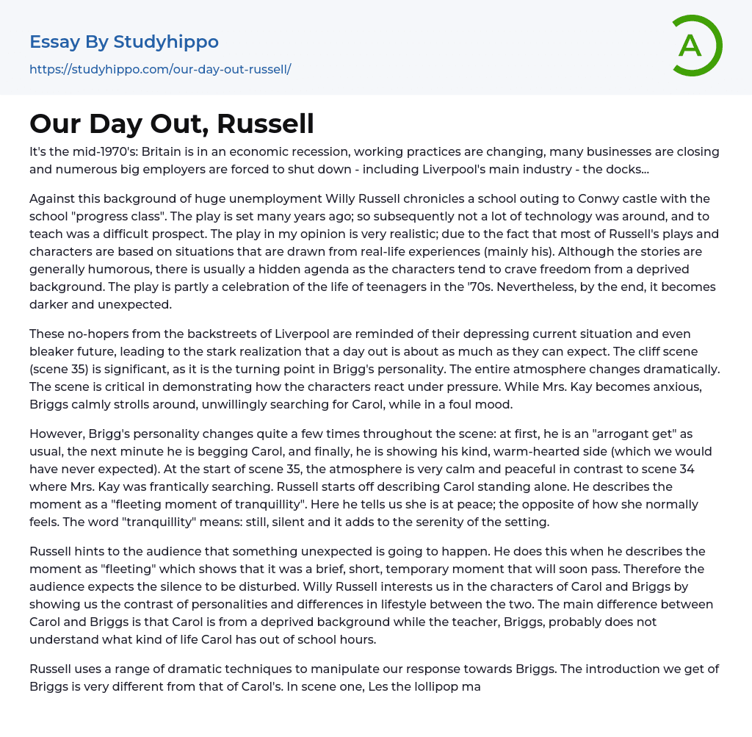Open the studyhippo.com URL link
160,69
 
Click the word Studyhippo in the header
166,42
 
